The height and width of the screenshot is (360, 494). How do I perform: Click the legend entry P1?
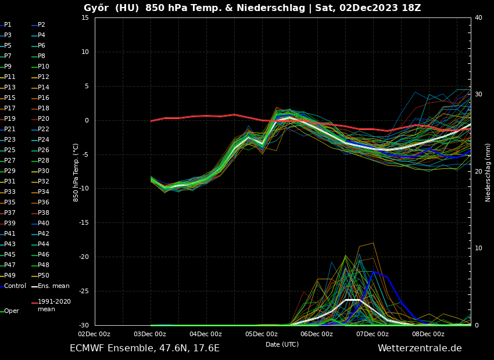[x=8, y=25]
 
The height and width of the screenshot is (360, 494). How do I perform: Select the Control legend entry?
[x=15, y=286]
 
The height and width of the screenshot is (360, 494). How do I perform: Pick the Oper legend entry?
[x=11, y=311]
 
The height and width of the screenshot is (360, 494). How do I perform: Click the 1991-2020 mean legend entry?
[x=54, y=305]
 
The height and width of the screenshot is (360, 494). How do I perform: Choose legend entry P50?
[x=44, y=276]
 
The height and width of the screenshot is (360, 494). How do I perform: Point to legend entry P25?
[x=10, y=150]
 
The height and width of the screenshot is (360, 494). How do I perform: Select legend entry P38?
[x=44, y=213]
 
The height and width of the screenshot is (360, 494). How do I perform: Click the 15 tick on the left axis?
[x=85, y=17]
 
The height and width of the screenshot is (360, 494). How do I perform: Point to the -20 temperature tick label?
[x=84, y=257]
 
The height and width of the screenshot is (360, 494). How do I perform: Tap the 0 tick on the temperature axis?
[x=87, y=121]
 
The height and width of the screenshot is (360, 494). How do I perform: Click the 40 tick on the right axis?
[x=478, y=17]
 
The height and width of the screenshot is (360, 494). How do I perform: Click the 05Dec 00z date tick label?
[x=261, y=334]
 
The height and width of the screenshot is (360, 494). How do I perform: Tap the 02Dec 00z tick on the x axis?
[x=94, y=334]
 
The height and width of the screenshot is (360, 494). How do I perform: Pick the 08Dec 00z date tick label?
[x=428, y=334]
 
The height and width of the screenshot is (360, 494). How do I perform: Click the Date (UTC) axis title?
[x=282, y=345]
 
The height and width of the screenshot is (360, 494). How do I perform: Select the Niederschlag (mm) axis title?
[x=488, y=172]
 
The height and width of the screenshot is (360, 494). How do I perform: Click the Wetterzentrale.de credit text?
[x=420, y=348]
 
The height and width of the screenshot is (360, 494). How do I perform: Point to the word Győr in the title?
[x=96, y=8]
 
